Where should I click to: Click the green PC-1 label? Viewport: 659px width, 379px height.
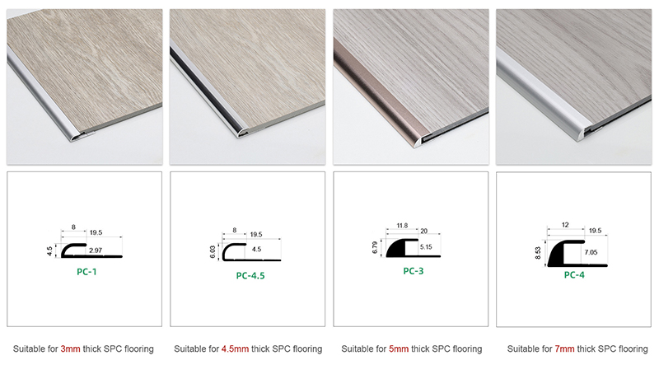pyautogui.click(x=84, y=270)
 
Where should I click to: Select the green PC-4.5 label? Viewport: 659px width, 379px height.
pyautogui.click(x=250, y=276)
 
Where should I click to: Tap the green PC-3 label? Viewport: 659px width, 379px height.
pyautogui.click(x=414, y=270)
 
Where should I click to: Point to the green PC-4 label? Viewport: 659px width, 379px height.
pyautogui.click(x=575, y=275)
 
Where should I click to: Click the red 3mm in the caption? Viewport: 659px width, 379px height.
pyautogui.click(x=71, y=349)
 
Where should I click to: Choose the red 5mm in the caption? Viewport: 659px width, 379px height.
pyautogui.click(x=399, y=349)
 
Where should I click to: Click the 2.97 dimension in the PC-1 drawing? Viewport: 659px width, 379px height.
pyautogui.click(x=96, y=249)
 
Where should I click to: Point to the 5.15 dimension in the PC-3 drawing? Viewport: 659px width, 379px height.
pyautogui.click(x=426, y=246)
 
